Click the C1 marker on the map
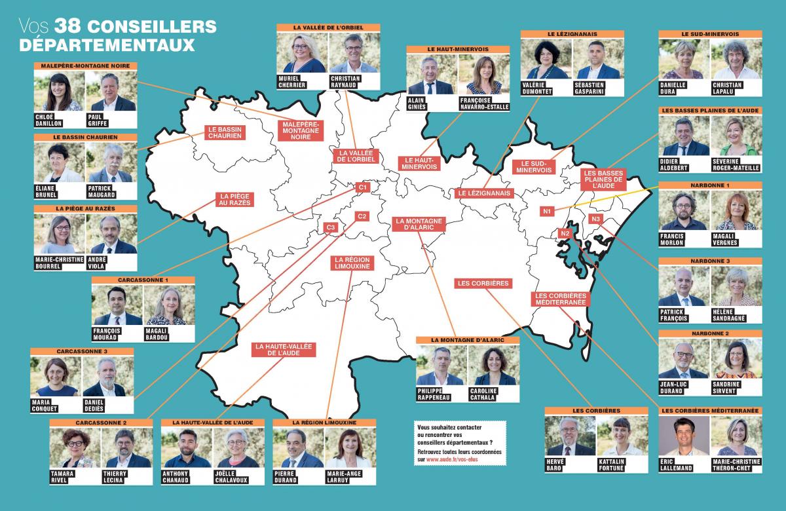click(362, 188)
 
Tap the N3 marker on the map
click(595, 218)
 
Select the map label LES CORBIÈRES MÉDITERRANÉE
click(560, 299)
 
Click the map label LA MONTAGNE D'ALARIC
click(419, 223)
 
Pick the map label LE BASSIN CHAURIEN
click(225, 133)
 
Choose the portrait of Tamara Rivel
click(75, 448)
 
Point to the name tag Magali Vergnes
click(727, 239)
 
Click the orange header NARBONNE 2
click(709, 333)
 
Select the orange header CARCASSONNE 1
click(143, 280)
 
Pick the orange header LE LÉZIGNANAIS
click(572, 33)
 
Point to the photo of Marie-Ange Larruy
click(350, 448)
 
